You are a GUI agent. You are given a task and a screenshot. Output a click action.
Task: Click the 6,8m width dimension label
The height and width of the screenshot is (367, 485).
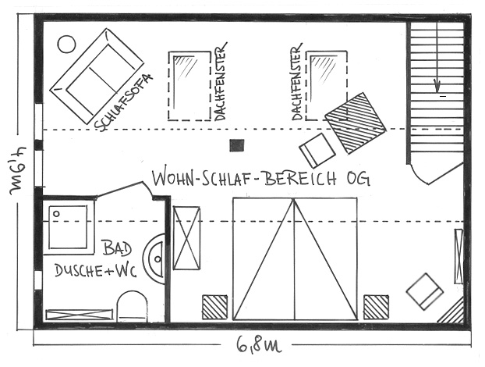[259, 344]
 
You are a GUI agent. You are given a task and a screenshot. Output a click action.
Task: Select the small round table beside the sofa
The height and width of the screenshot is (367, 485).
[66, 44]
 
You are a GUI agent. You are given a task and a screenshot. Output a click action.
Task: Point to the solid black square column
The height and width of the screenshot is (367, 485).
[236, 145]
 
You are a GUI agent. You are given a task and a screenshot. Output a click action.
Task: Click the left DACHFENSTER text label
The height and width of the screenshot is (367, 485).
[220, 81]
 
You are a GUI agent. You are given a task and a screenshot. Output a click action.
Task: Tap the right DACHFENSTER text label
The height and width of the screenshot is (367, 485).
[296, 81]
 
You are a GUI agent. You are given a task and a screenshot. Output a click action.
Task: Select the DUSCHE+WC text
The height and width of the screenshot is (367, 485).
[95, 271]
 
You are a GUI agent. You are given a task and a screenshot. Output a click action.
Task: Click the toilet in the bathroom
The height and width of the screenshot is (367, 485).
[132, 306]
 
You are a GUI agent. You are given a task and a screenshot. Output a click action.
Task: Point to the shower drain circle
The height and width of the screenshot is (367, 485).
[56, 214]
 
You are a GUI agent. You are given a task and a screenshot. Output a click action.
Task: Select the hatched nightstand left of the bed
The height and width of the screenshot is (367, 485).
[214, 307]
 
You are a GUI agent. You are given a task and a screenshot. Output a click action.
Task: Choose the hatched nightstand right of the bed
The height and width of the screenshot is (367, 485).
[376, 307]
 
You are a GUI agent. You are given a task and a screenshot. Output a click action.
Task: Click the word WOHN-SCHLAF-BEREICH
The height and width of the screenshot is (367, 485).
[244, 178]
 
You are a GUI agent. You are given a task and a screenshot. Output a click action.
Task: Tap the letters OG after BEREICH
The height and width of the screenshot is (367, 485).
[358, 178]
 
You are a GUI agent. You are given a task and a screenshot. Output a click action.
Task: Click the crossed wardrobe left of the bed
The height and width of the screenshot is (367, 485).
[186, 238]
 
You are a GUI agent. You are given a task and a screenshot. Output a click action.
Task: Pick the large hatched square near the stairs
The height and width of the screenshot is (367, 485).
[356, 123]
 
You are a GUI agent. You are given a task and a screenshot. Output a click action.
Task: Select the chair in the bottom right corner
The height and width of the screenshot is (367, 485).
[425, 291]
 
